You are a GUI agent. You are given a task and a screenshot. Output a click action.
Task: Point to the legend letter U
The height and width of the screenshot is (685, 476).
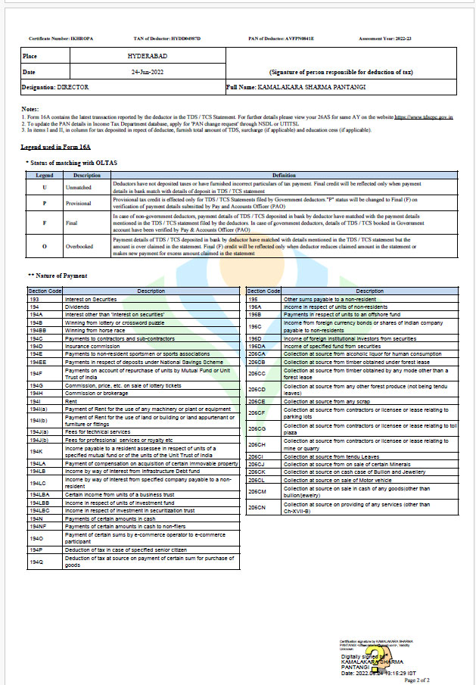tap(45, 186)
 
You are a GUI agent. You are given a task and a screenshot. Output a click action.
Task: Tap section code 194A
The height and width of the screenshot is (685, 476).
tap(36, 313)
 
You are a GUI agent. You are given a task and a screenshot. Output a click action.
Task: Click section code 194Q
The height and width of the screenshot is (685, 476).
tap(36, 562)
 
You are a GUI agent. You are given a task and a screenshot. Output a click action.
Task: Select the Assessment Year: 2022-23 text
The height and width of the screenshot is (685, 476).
tap(385, 38)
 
